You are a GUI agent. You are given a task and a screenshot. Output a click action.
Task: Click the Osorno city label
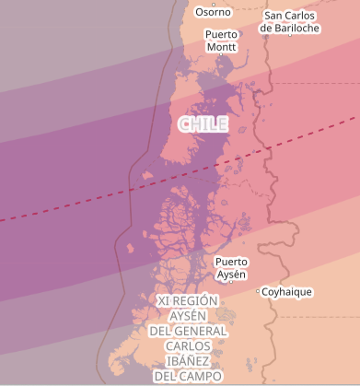213,12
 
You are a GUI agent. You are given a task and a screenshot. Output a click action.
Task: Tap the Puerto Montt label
221,40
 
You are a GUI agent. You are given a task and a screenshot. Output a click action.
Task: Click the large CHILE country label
203,123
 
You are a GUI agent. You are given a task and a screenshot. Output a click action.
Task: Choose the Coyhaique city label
286,292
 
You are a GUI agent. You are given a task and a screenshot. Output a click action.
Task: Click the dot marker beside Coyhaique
258,291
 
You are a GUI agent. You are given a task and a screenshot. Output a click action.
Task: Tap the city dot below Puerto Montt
221,55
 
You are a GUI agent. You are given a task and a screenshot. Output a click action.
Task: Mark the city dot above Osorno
214,3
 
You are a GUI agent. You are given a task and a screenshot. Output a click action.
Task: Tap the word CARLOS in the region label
188,346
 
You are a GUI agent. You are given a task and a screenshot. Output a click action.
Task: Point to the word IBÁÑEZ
188,361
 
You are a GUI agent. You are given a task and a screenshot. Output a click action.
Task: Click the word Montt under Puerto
221,46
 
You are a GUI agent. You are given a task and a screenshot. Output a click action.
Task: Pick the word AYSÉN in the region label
188,316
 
